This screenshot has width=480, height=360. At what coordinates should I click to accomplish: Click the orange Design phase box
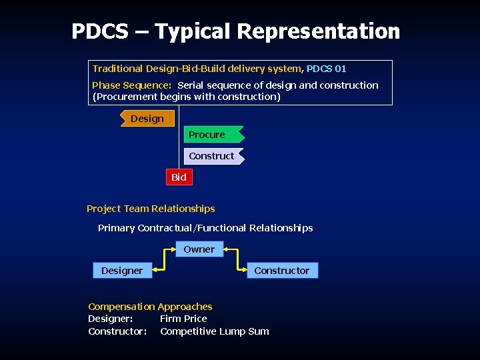[x=147, y=119]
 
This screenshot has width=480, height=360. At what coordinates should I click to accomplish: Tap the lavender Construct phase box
[x=212, y=156]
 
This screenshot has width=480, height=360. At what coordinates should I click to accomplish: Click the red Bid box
[x=179, y=177]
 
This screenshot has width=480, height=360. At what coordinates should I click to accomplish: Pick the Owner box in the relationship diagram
[x=199, y=249]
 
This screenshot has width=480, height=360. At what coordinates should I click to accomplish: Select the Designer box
[x=121, y=271]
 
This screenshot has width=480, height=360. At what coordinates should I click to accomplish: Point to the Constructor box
[x=281, y=271]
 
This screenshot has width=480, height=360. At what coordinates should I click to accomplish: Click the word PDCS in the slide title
[x=99, y=31]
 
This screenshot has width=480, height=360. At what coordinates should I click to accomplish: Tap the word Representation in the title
[x=318, y=31]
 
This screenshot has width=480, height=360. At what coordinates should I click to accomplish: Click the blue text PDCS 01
[x=326, y=69]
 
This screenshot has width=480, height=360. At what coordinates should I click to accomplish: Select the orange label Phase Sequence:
[x=131, y=85]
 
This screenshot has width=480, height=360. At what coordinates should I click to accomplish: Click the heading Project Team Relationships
[x=151, y=209]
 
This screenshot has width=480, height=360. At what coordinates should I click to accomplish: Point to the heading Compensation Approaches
[x=150, y=307]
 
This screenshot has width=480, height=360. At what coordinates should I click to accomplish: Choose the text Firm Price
[x=183, y=319]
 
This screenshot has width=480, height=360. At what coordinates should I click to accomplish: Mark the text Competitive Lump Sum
[x=215, y=331]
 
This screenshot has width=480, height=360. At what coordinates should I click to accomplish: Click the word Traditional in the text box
[x=117, y=69]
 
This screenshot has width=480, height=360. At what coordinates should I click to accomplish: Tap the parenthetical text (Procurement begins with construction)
[x=187, y=97]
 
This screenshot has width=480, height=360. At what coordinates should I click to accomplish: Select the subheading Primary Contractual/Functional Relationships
[x=205, y=228]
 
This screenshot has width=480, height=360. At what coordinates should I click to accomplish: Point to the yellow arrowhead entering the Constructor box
[x=242, y=270]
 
